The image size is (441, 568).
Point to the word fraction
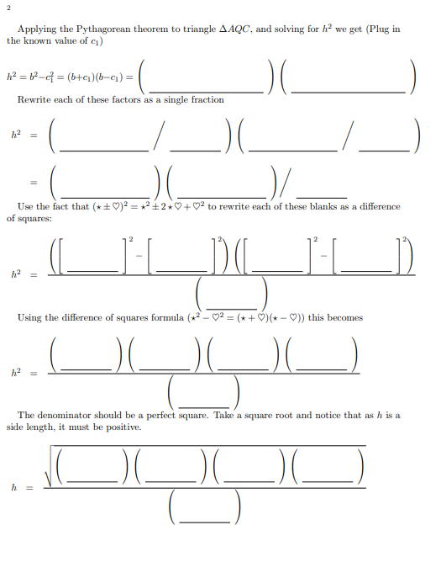pos(207,100)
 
